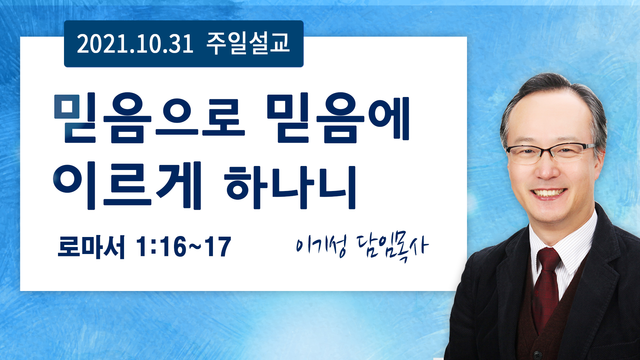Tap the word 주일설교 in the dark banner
pos(248,44)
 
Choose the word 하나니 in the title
pos(290,187)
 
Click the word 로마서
pos(91,247)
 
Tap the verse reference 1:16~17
pos(184,247)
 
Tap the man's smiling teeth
pos(549,193)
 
